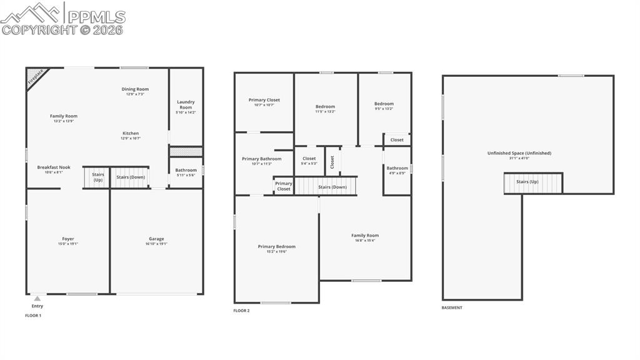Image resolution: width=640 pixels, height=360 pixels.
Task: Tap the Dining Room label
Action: coord(135,91)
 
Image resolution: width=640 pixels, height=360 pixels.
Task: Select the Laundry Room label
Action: coord(186,106)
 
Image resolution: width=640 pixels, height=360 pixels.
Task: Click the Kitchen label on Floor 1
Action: coord(131,135)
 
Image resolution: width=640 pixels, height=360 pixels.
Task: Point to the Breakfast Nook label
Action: coord(54,169)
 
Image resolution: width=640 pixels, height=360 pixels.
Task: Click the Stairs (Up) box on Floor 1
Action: coord(97,177)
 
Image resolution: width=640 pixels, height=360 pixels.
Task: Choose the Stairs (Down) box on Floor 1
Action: coord(130,177)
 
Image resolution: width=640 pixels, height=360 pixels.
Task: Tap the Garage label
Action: coord(156,241)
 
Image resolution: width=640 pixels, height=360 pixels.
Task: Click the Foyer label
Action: coord(67,241)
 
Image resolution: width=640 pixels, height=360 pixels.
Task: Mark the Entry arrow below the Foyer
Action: coord(37,299)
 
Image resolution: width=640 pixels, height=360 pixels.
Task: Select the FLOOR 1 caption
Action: coord(33,316)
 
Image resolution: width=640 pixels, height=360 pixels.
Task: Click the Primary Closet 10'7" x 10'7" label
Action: coord(264,102)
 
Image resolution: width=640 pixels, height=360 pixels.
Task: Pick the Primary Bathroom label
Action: coord(261,161)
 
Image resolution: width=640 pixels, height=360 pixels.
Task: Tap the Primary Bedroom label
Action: coord(276,249)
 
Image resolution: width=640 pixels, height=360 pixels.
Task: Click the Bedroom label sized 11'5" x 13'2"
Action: coord(325,109)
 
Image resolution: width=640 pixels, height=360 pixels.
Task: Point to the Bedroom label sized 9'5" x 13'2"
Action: coord(384,106)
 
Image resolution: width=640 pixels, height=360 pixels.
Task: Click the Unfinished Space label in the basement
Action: coord(519,155)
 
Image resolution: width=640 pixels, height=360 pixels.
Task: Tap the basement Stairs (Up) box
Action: coord(533,182)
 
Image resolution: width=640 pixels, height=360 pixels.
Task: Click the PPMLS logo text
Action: coord(96,16)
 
